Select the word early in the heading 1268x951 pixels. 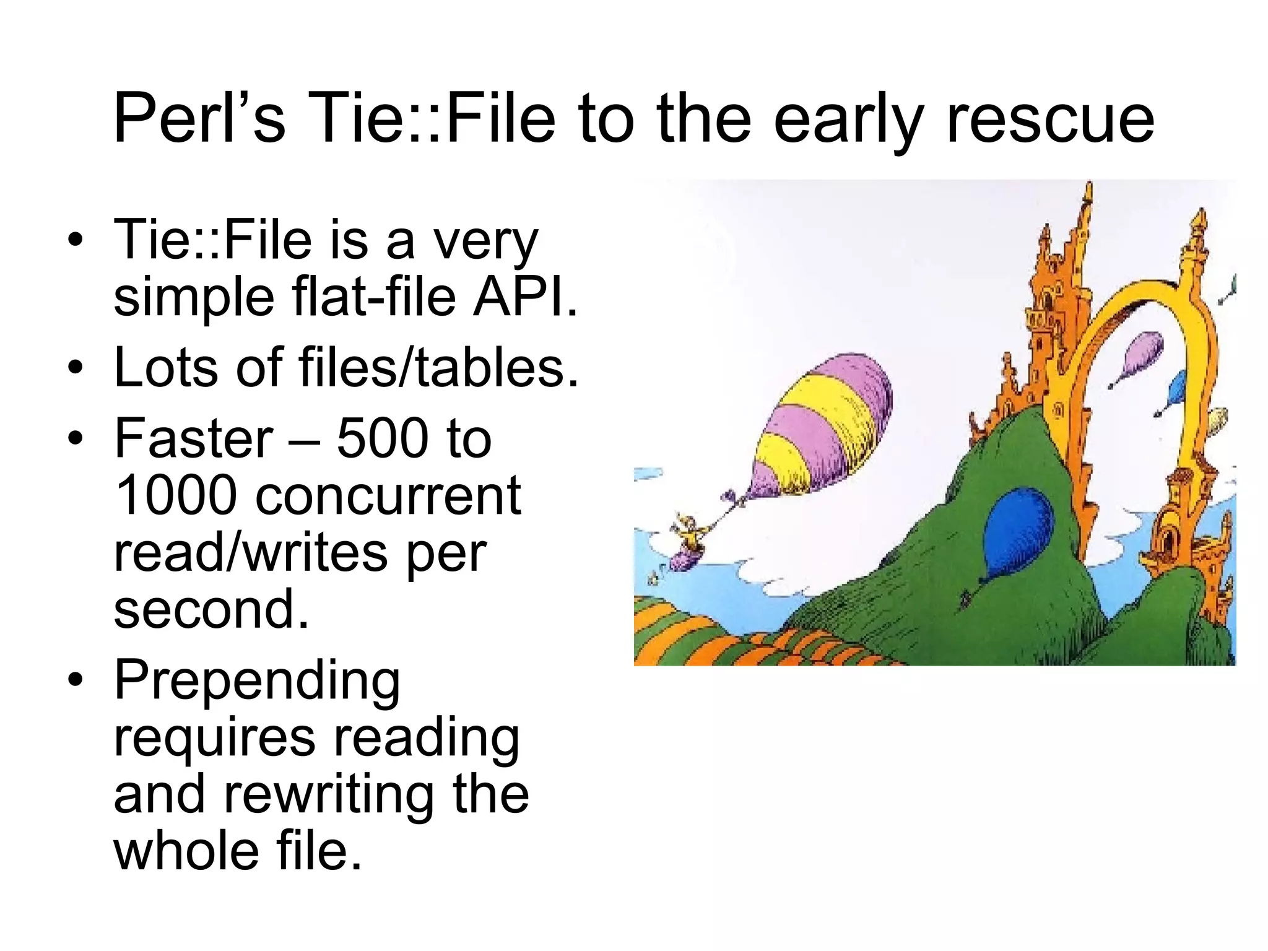[849, 118]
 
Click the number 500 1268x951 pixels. [378, 438]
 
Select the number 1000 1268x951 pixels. [176, 495]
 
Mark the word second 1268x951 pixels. [211, 610]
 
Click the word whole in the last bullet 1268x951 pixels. [186, 851]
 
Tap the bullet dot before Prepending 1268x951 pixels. [75, 681]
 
